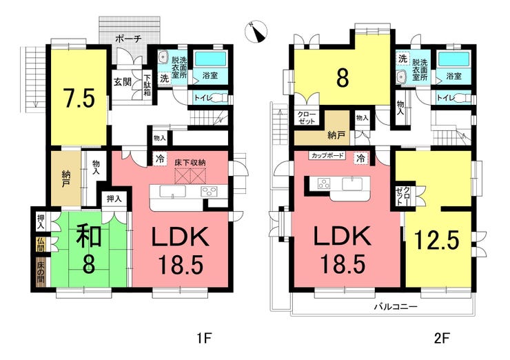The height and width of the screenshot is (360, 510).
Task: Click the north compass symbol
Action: coord(256,32)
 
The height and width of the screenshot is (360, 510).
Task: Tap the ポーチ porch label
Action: coord(128,39)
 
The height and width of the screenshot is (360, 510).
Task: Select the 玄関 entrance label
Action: coord(123,82)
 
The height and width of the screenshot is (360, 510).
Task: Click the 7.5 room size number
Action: coord(79,99)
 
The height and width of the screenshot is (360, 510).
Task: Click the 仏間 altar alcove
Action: coord(41,245)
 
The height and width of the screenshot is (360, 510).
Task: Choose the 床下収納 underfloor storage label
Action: coord(190,163)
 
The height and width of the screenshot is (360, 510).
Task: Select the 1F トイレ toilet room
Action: coord(210,98)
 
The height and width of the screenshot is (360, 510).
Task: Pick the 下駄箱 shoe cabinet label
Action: coord(147,85)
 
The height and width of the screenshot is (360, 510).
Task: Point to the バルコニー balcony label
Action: coord(396,307)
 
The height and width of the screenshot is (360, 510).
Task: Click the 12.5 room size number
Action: coord(437,240)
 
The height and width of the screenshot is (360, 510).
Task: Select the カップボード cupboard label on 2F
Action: coord(327,155)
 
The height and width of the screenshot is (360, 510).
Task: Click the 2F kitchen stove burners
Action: coord(325,184)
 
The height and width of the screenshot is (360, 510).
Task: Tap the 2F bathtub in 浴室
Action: coord(453,59)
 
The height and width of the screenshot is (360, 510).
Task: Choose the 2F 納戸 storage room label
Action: coord(336,135)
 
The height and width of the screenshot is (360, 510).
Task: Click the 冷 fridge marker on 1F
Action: coord(159,159)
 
